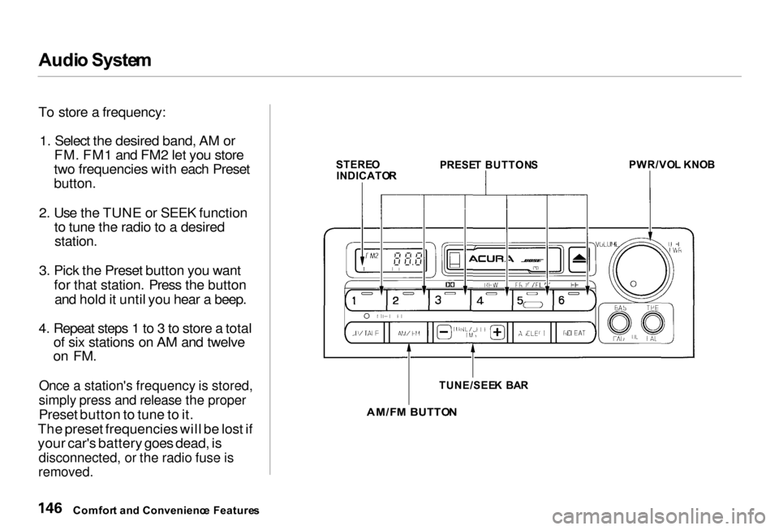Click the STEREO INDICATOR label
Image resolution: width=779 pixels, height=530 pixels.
click(366, 169)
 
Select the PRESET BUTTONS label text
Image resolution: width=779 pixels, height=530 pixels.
click(488, 165)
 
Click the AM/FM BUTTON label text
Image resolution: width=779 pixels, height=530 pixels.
click(411, 412)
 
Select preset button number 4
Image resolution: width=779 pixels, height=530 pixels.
click(489, 301)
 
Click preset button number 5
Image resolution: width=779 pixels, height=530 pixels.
click(532, 301)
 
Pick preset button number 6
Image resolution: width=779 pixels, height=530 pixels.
click(573, 301)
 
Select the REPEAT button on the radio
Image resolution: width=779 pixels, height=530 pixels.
click(575, 332)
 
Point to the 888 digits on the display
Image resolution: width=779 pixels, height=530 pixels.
click(407, 261)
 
